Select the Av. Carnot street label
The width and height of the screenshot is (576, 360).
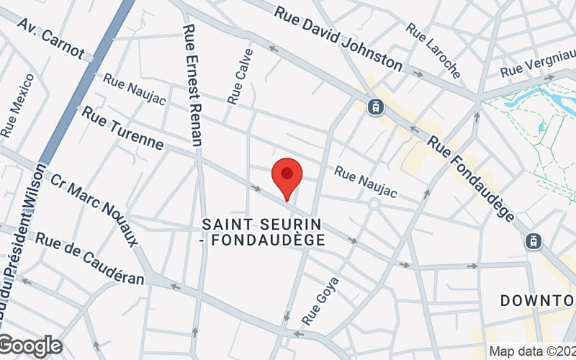[x=51, y=41]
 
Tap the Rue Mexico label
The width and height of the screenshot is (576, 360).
[x=17, y=105]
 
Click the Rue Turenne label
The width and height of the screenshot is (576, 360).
[x=122, y=128]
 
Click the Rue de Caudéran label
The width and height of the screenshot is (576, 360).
[x=90, y=258]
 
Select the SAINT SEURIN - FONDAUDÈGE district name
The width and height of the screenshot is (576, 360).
[x=262, y=233]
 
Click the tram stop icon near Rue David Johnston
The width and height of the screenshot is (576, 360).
[x=375, y=107]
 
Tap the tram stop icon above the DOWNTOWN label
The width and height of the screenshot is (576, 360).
[x=533, y=241]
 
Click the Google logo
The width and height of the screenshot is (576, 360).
[x=30, y=346]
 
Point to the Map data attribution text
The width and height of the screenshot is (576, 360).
[x=531, y=351]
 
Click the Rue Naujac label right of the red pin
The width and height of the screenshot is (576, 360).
[x=366, y=182]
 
